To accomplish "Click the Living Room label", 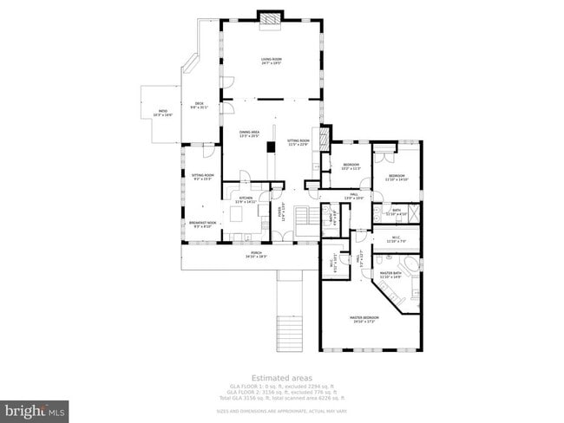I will click(x=272, y=61).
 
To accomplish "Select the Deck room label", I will click(x=199, y=105).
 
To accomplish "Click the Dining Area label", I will click(x=250, y=133).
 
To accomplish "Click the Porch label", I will click(x=256, y=255).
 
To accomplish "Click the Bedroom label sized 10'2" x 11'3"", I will click(x=351, y=166).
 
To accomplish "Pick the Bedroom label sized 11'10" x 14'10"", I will click(x=397, y=177).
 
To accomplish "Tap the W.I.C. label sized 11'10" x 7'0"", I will click(x=396, y=240).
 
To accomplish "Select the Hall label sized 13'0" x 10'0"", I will click(x=353, y=197).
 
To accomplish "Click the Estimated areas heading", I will click(x=282, y=377).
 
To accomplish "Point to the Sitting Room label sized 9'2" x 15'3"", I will click(x=202, y=176).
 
